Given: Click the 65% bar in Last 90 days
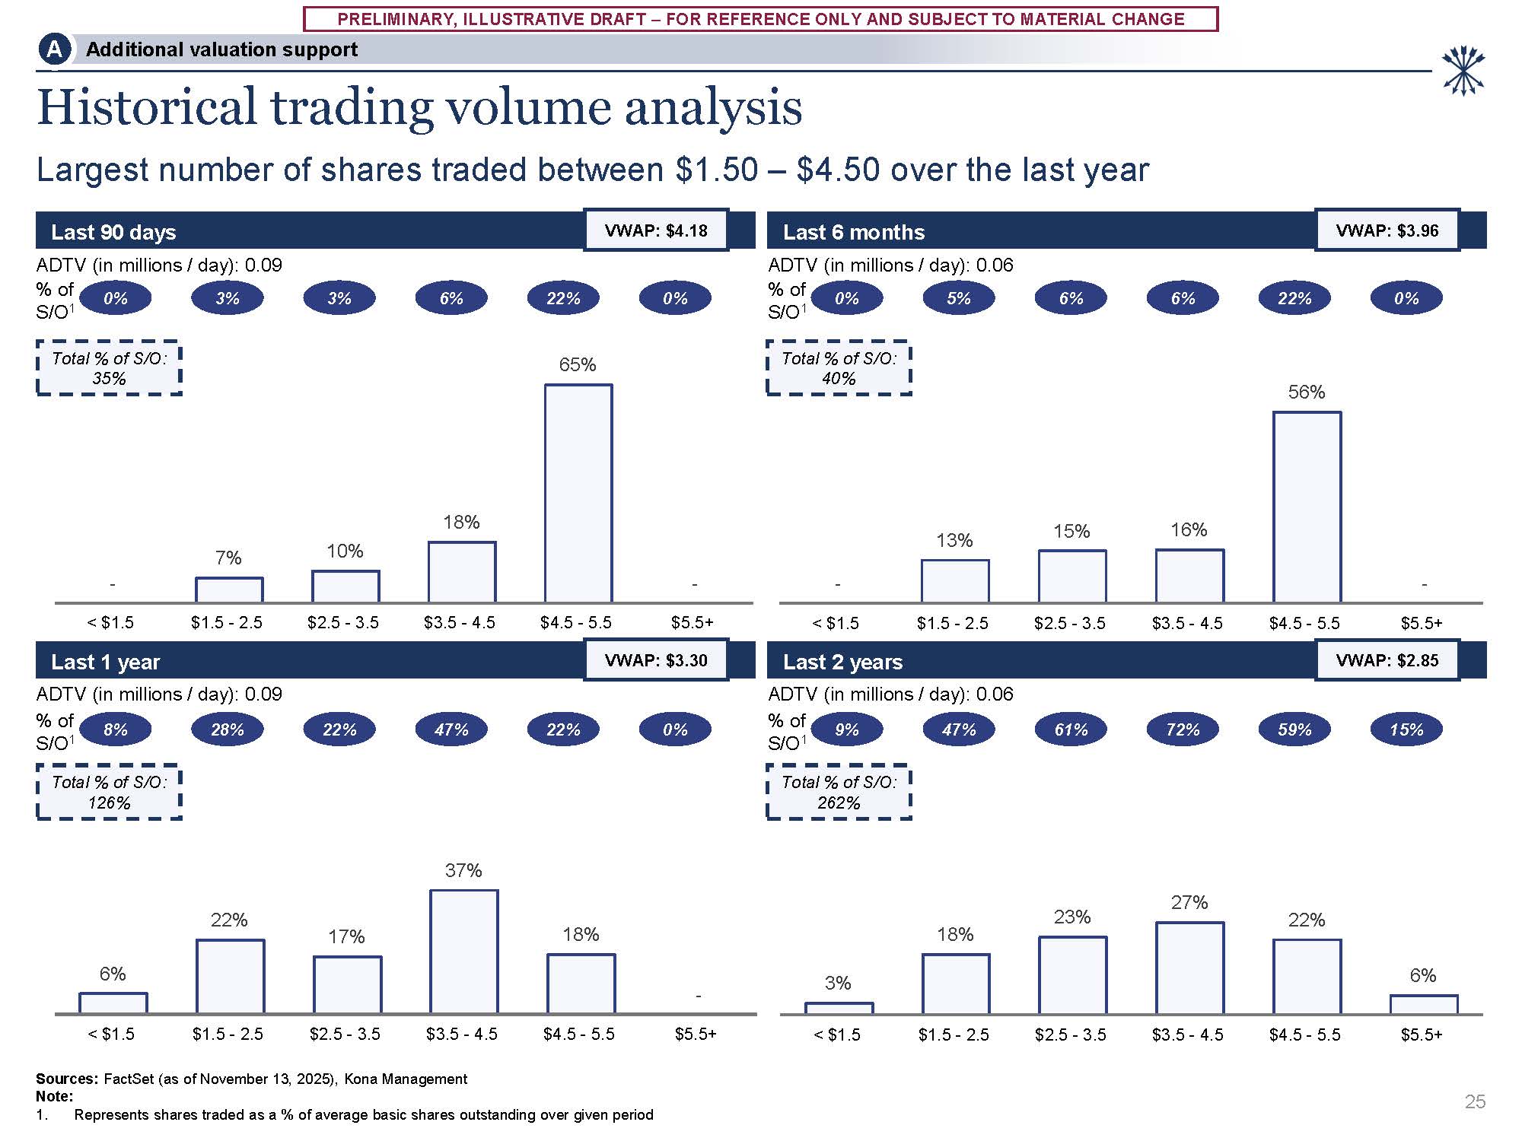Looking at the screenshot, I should (578, 493).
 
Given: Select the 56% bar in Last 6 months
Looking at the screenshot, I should (1307, 507).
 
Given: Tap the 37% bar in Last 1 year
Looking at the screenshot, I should (463, 951).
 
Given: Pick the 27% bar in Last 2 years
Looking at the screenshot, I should (1189, 968).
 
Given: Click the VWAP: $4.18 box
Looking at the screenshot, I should (656, 230).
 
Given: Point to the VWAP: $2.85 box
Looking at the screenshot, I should (1387, 660).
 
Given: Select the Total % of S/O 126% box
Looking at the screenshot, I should (110, 792).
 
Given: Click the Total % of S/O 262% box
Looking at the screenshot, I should (839, 792).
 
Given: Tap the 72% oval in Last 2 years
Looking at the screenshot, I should (1183, 729).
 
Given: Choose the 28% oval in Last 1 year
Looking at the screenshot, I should (228, 729).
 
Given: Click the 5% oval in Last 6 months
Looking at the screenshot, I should (959, 298).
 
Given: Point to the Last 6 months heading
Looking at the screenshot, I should (854, 232).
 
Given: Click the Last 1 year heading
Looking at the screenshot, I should (106, 662).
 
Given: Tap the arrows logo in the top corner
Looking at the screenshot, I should (1463, 71).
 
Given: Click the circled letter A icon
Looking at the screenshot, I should (54, 49).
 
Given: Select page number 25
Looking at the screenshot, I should (1475, 1101).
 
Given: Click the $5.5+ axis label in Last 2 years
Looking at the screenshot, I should (1422, 1035).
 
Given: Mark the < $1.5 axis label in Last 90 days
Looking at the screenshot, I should (110, 622).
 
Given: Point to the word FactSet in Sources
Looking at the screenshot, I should (129, 1079).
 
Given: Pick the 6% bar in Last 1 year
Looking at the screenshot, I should (113, 1003).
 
